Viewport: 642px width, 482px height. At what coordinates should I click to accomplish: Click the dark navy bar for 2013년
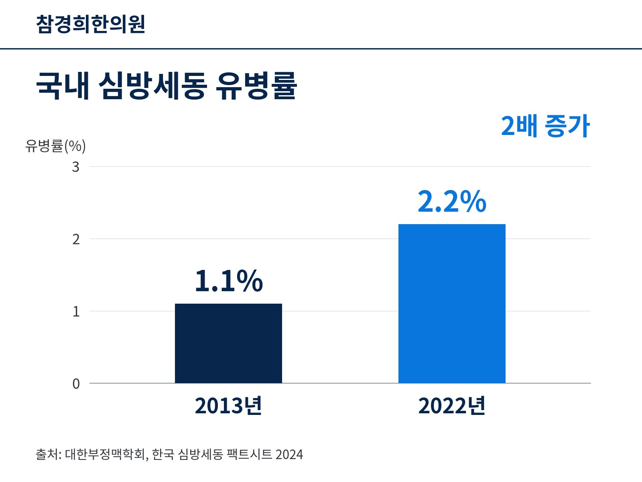click(x=228, y=343)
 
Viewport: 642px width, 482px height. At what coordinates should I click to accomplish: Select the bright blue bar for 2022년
click(x=452, y=304)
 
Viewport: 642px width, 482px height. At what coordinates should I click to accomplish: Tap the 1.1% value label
click(x=229, y=281)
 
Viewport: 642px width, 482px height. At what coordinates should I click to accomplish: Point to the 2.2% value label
click(x=452, y=201)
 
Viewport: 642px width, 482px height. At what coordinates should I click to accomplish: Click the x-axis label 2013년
click(x=228, y=406)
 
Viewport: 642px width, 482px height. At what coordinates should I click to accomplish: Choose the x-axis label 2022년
click(x=452, y=406)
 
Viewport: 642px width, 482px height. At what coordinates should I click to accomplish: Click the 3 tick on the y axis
click(x=76, y=167)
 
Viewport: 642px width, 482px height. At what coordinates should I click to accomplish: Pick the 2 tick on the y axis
click(x=76, y=239)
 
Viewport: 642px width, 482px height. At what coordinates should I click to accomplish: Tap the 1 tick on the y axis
click(x=76, y=312)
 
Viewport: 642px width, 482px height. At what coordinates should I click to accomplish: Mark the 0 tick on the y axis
click(x=76, y=384)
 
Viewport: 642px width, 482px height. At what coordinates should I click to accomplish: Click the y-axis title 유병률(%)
click(x=55, y=146)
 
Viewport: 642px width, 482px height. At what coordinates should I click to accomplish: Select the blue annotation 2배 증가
click(x=545, y=126)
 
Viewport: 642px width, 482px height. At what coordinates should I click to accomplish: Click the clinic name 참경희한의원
click(x=91, y=24)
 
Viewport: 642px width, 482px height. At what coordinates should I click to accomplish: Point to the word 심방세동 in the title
click(x=153, y=86)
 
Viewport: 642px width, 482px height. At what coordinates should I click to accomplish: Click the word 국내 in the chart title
click(x=63, y=86)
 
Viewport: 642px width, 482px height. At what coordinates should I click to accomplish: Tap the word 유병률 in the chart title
click(x=256, y=86)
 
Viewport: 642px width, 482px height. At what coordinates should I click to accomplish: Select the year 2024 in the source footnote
click(x=289, y=455)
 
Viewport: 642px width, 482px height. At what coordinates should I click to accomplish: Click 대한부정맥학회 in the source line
click(x=105, y=455)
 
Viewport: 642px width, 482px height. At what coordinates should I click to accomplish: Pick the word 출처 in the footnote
click(x=47, y=455)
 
